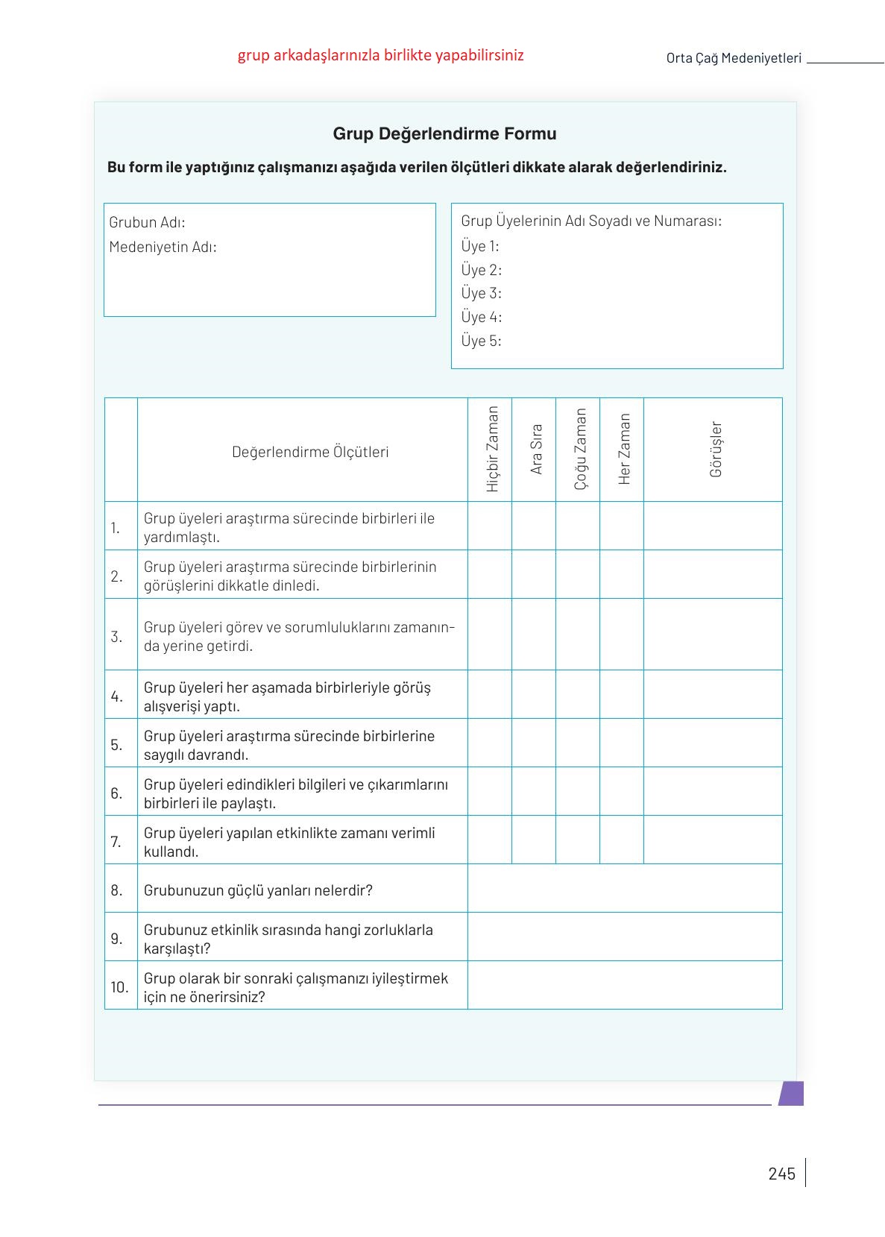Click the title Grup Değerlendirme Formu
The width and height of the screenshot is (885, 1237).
coord(444,134)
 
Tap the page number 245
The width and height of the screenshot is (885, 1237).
coord(781,1174)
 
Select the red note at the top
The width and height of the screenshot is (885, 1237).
coord(380,55)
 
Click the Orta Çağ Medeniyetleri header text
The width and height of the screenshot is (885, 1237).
coord(734,58)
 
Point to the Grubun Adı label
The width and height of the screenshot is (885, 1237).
coord(147,222)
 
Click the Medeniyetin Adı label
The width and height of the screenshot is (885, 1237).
coord(163,247)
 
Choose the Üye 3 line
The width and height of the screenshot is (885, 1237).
coord(481,293)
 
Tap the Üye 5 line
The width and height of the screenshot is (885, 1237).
coord(481,341)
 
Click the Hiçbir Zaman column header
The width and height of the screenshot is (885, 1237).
coord(492,449)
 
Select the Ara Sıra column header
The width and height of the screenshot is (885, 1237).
coord(536,449)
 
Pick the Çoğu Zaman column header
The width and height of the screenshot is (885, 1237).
coord(580,449)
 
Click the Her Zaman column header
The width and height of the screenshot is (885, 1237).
coord(624,449)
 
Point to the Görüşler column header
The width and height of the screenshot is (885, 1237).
coord(716,449)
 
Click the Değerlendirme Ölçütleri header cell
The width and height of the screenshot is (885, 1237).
coord(310,452)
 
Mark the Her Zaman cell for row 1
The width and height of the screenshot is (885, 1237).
coord(622,526)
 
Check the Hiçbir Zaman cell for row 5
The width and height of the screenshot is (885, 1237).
coord(490,743)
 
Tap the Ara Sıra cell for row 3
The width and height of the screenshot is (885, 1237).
coord(534,634)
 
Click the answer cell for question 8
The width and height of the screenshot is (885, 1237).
coord(625,888)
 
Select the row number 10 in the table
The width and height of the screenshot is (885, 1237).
coord(120,987)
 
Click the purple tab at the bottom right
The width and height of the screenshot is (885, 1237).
coord(791,1093)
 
